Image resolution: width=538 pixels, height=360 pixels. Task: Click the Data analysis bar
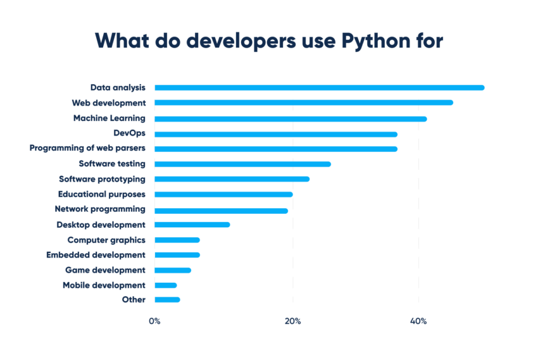coord(319,87)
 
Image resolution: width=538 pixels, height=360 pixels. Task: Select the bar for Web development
coord(304,102)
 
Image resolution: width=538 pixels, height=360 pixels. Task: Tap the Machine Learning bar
coord(291,118)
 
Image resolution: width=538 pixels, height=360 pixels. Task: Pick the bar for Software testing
coord(242,164)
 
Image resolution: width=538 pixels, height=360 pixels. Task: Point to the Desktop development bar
coord(192,225)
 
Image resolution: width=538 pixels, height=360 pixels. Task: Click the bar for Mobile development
coord(166,285)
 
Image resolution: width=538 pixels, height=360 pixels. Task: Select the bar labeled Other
coord(167,300)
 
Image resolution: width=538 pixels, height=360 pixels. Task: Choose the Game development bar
coord(173,270)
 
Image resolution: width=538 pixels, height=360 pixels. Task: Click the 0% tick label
coord(154,321)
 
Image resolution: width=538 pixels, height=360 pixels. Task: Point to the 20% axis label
coord(292,321)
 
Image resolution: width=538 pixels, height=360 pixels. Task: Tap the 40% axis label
coord(418,321)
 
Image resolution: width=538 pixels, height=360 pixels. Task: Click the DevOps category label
coord(129,133)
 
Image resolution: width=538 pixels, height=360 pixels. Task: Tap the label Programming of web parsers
coord(87,148)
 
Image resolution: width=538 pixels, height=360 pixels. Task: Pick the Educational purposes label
coord(101,194)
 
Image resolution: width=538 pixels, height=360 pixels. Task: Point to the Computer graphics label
coord(106,240)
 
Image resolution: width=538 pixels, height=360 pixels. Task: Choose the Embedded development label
coord(96,255)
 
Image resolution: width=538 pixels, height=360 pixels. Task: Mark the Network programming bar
coord(221,210)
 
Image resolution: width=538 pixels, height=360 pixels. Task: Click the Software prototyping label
coord(102,179)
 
